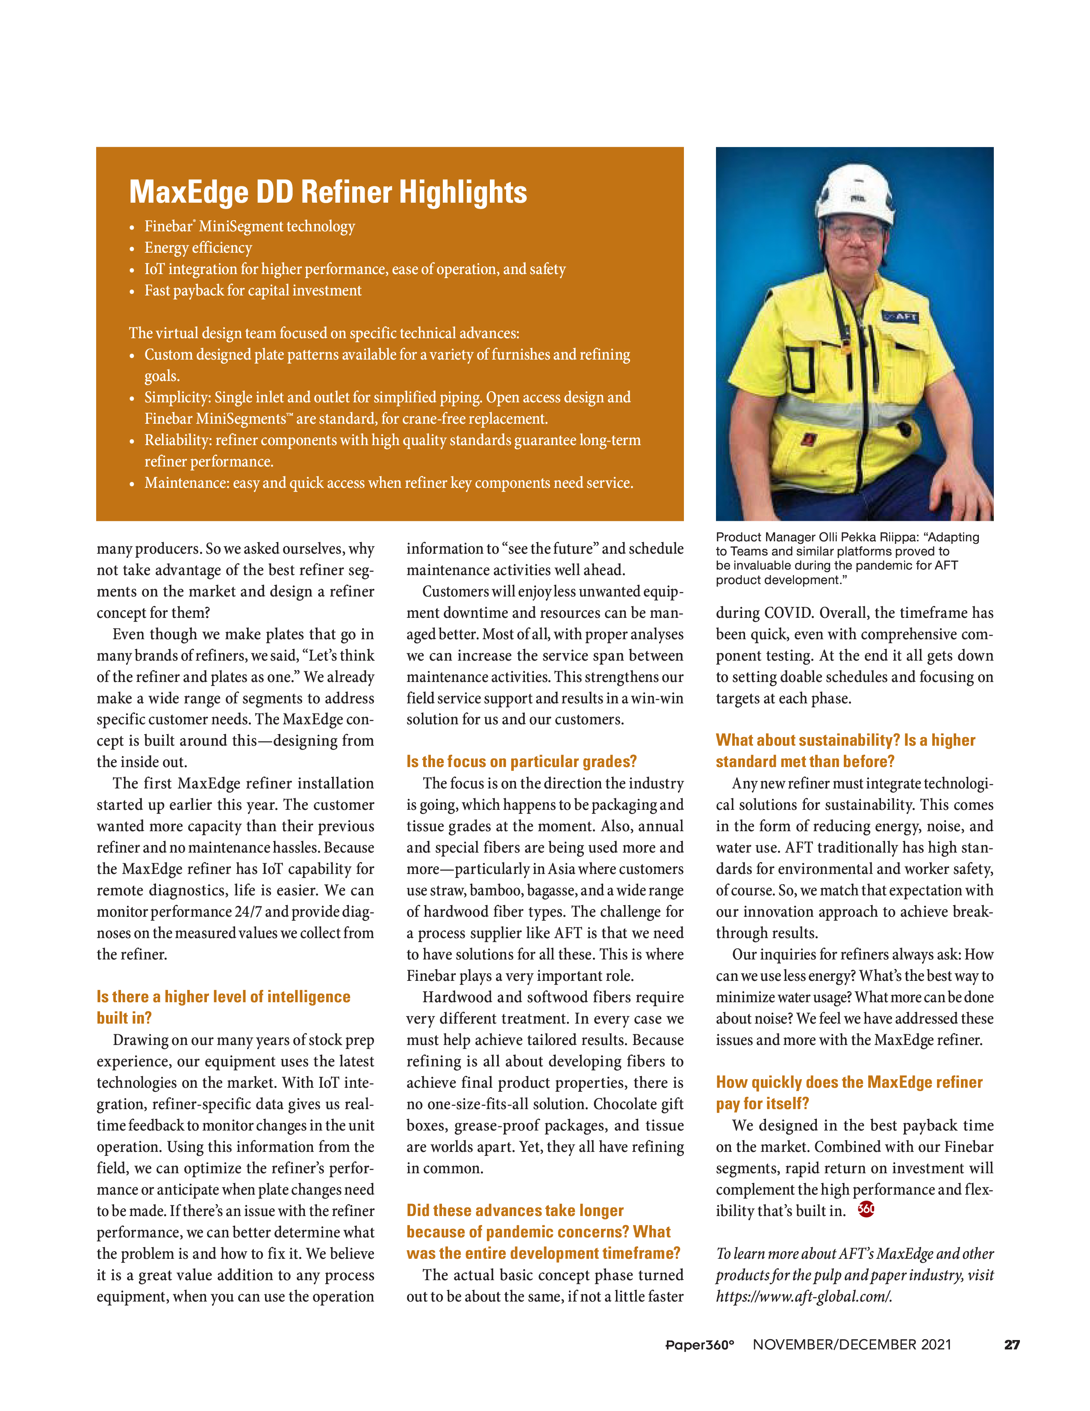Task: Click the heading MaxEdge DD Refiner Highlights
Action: (x=328, y=192)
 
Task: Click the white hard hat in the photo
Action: (x=856, y=193)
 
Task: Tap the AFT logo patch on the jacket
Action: (x=901, y=316)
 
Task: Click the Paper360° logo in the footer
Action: (x=700, y=1345)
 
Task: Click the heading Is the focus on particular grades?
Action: (x=521, y=762)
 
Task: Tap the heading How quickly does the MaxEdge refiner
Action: (x=848, y=1082)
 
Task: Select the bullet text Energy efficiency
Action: (x=198, y=248)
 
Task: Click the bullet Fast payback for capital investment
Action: (x=253, y=291)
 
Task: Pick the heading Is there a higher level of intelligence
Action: (x=224, y=997)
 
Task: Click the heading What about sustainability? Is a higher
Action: (x=845, y=741)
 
